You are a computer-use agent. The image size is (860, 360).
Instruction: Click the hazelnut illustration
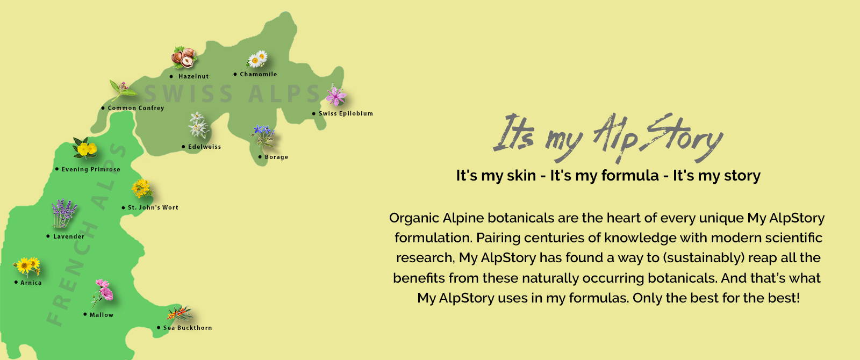click(184, 57)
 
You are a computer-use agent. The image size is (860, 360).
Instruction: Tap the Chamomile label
click(259, 74)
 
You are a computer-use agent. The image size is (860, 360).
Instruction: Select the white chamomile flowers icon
click(257, 59)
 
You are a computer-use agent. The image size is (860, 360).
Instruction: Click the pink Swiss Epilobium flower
click(336, 95)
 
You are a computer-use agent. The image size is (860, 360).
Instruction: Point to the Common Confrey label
click(136, 108)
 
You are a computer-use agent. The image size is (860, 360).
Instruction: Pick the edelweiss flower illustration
click(198, 125)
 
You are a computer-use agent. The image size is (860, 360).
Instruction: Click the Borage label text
click(276, 157)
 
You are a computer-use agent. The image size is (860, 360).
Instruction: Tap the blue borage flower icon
click(263, 136)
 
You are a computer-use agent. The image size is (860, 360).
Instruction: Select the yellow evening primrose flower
click(85, 148)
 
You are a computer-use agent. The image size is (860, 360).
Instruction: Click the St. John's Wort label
click(153, 207)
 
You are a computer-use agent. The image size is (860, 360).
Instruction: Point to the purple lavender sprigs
click(64, 213)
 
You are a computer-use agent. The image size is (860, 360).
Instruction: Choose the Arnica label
click(31, 283)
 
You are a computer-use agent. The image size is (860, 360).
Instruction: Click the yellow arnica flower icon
click(27, 265)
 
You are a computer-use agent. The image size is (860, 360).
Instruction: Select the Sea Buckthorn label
click(188, 328)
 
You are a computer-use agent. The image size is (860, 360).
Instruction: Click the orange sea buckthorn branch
click(180, 313)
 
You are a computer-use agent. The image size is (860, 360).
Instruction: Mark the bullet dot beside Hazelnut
click(171, 76)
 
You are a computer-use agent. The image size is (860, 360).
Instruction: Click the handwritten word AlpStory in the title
click(658, 137)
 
